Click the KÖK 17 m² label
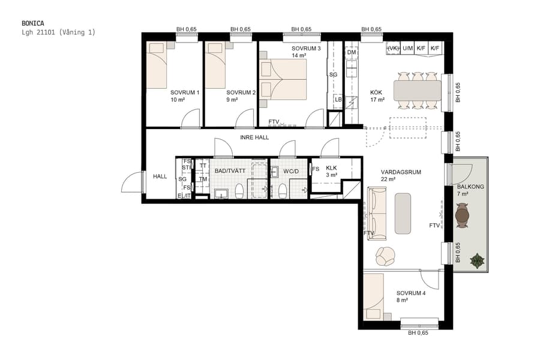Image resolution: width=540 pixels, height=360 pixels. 377,97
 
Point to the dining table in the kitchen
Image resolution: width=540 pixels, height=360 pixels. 417,91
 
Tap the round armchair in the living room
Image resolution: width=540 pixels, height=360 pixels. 385,256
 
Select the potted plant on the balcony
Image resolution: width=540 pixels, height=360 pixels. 478,260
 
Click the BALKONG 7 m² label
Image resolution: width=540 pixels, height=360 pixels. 470,190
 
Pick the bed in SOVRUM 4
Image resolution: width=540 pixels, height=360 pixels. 374,296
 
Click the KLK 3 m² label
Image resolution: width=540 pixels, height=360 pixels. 331,172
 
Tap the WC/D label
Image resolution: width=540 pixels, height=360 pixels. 291,171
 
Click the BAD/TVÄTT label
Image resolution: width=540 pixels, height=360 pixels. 230,171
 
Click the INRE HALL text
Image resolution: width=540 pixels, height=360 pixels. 254,137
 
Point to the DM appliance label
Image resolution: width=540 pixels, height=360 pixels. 352,53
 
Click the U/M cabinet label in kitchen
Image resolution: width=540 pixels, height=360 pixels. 408,48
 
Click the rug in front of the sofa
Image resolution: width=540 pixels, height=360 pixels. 403,213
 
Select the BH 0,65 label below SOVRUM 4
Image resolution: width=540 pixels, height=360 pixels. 418,333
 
